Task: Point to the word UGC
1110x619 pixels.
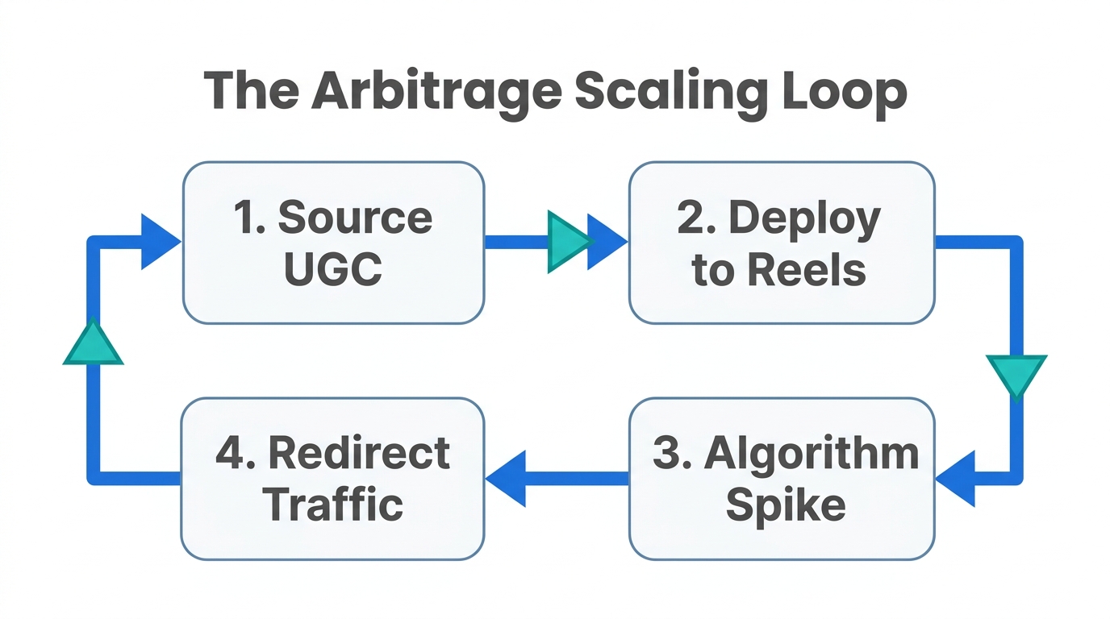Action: click(333, 270)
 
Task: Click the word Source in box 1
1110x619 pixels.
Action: click(355, 218)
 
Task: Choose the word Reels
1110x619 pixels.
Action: click(816, 271)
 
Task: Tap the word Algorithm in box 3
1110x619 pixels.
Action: click(812, 454)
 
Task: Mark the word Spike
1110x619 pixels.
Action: click(786, 506)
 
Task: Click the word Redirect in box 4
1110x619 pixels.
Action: click(358, 453)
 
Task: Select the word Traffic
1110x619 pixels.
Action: click(333, 505)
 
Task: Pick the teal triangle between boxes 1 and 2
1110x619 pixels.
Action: click(568, 240)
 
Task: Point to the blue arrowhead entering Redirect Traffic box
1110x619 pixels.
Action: click(506, 478)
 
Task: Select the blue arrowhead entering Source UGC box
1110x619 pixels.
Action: click(159, 241)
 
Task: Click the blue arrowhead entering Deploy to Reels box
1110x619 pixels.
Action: click(606, 241)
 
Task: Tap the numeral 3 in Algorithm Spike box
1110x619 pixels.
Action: click(667, 454)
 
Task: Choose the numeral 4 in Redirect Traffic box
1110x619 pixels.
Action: click(230, 453)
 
